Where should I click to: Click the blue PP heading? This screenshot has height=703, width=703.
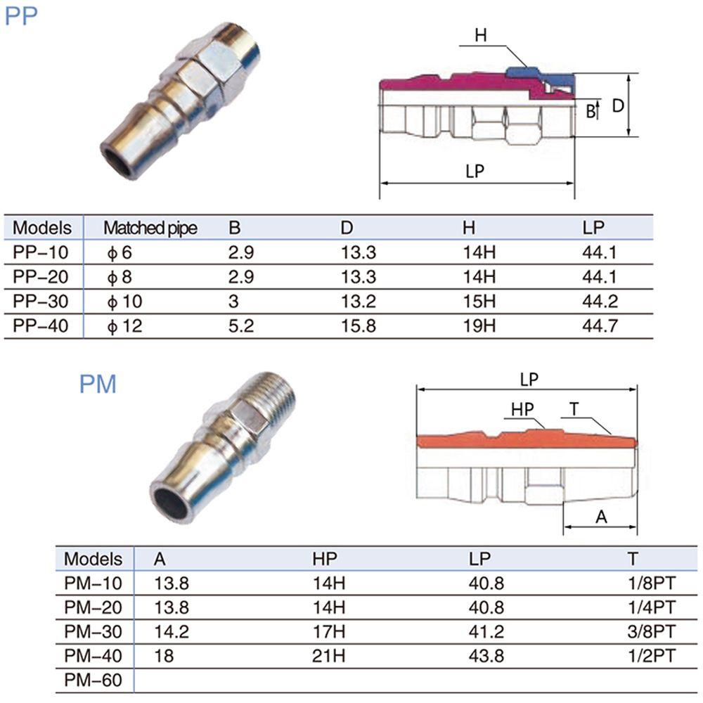[21, 16]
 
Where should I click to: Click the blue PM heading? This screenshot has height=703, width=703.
[98, 385]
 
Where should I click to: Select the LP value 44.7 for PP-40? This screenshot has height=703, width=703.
[600, 325]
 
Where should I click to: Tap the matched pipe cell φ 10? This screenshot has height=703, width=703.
[124, 302]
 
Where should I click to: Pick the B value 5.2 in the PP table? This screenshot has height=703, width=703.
[240, 325]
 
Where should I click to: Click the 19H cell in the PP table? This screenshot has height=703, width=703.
[479, 325]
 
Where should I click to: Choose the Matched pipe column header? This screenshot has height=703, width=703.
[150, 228]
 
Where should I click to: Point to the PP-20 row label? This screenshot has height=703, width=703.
[40, 276]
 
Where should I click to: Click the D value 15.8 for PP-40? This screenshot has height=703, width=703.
[359, 325]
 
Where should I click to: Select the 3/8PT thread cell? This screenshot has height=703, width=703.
[651, 631]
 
